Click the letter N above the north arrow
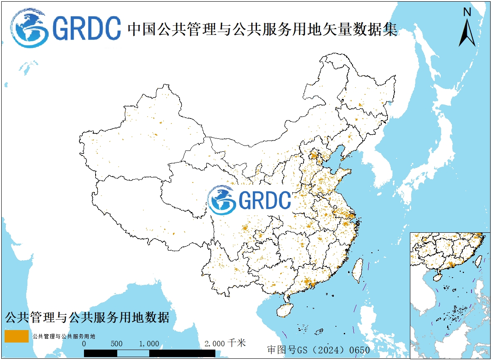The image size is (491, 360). pyautogui.click(x=467, y=12)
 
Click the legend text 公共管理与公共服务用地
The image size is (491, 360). pyautogui.click(x=64, y=336)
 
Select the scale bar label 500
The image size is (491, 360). pyautogui.click(x=117, y=344)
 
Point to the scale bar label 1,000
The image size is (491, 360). pyautogui.click(x=149, y=344)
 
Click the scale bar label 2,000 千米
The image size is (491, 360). pyautogui.click(x=225, y=343)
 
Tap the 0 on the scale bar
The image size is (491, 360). pyautogui.click(x=84, y=344)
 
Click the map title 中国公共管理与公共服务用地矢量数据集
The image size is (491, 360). pyautogui.click(x=262, y=29)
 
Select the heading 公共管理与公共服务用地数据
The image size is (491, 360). pyautogui.click(x=87, y=318)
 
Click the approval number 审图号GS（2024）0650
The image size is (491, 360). pyautogui.click(x=318, y=350)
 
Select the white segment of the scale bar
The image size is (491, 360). pyautogui.click(x=133, y=353)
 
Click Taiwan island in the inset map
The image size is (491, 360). pyautogui.click(x=478, y=261)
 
